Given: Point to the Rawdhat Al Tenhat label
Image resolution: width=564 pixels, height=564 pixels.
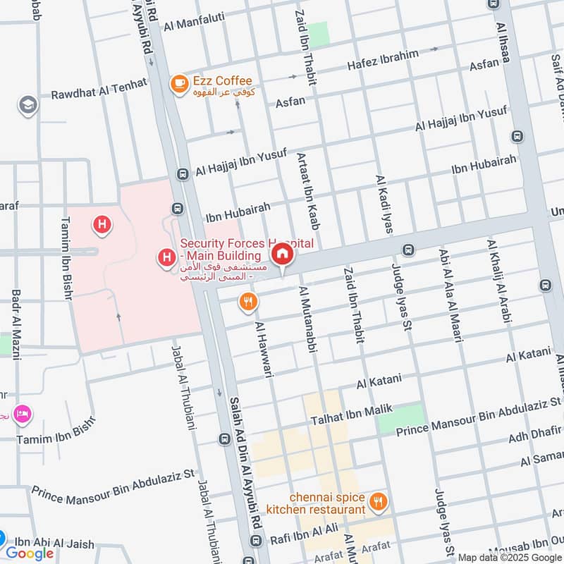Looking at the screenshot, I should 99,89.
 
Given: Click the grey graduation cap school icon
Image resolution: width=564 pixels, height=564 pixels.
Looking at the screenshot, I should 28,105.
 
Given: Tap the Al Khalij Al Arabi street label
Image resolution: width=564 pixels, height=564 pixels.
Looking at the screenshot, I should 497,282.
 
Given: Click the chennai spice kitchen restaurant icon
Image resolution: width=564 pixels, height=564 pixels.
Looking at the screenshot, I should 379,502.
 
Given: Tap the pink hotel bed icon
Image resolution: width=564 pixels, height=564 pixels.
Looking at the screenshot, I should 23,413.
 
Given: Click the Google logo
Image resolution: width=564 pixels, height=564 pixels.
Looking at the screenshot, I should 30,553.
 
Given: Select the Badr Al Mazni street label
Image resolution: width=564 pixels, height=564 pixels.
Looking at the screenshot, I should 15,324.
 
